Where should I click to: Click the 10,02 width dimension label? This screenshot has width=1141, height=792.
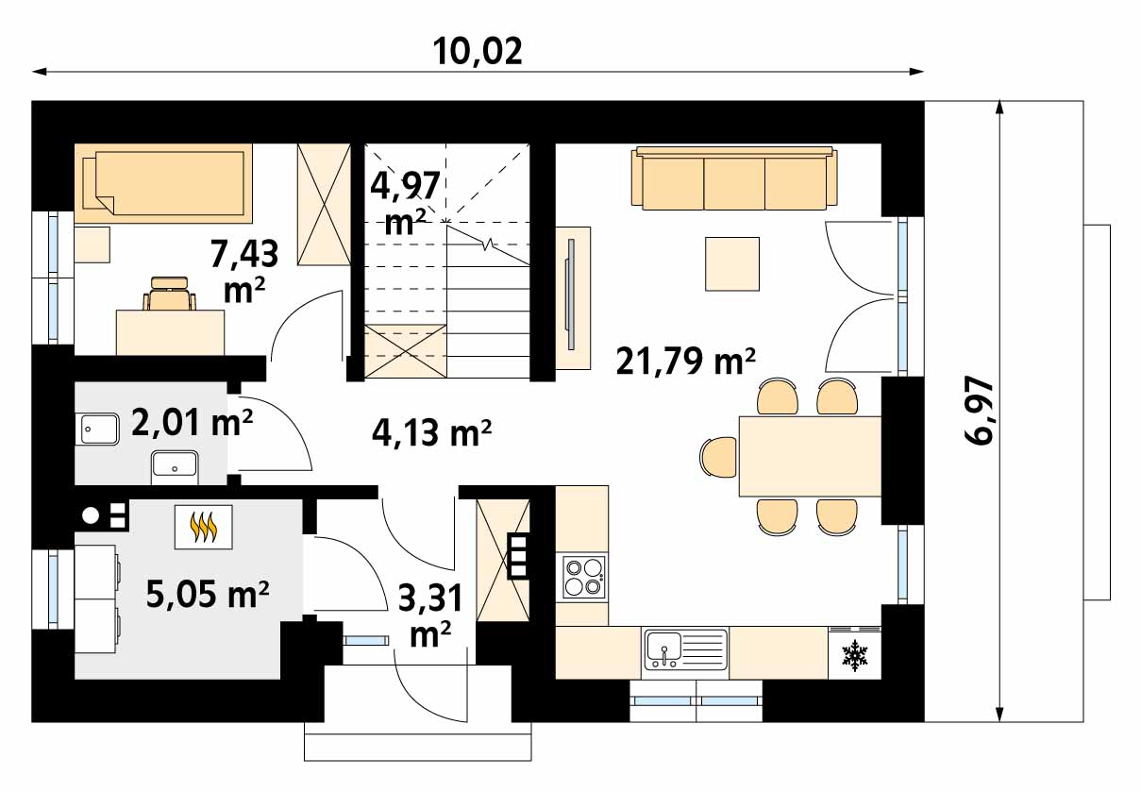[478, 52]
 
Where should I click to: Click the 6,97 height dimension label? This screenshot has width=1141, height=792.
[979, 412]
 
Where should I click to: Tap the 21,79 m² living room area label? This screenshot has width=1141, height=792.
[685, 361]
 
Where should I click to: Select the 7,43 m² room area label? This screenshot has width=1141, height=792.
[244, 270]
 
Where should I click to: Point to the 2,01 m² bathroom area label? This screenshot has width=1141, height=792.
[192, 423]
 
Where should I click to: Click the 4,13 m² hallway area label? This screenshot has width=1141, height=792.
[431, 432]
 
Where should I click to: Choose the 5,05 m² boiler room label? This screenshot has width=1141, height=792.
[208, 594]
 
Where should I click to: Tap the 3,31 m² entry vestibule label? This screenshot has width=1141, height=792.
[430, 615]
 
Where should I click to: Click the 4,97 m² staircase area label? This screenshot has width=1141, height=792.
[405, 203]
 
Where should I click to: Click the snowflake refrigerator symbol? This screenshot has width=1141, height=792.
[854, 654]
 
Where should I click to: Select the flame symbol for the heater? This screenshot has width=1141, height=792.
[203, 528]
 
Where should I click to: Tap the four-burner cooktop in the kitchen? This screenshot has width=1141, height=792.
[584, 577]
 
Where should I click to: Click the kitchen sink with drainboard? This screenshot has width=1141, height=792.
[686, 649]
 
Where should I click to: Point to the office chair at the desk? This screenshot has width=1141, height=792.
[169, 293]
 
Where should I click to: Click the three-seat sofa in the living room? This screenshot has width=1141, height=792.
[734, 178]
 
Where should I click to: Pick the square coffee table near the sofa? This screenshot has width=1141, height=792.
[732, 264]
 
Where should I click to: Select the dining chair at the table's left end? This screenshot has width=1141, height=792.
[719, 457]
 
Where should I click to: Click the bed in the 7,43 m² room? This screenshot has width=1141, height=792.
[163, 183]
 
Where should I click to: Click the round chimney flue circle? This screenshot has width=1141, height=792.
[91, 515]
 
